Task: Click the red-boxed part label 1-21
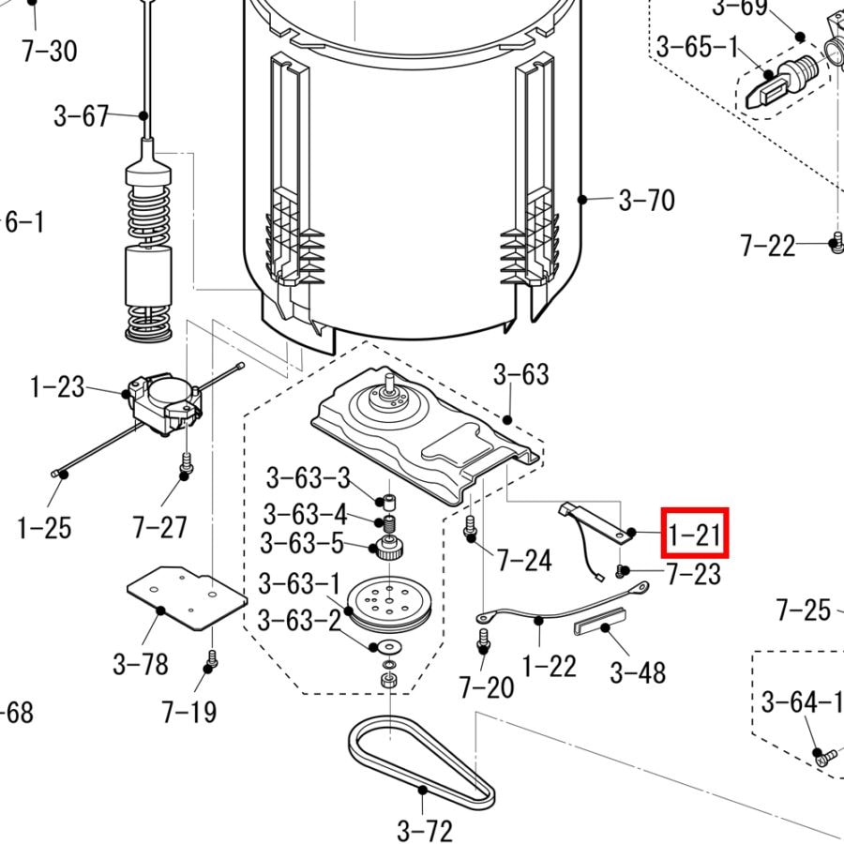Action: point(694,535)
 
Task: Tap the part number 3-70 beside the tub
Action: point(646,201)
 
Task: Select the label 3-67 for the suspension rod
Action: point(82,116)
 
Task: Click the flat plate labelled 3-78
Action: point(187,597)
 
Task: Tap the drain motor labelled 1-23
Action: point(165,403)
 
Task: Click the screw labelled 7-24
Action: point(469,525)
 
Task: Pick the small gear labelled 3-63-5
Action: point(390,548)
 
